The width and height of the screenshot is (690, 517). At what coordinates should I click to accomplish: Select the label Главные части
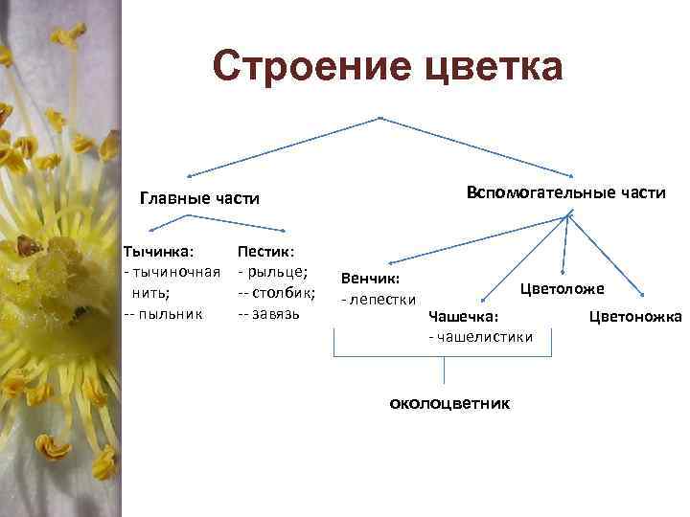click(x=200, y=198)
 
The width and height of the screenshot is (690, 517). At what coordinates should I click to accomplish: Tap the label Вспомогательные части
click(x=565, y=192)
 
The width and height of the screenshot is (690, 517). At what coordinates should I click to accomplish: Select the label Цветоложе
click(x=562, y=288)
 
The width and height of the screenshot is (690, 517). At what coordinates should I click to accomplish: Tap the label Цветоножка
click(x=634, y=316)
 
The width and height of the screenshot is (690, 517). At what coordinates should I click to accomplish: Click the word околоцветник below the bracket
click(x=449, y=403)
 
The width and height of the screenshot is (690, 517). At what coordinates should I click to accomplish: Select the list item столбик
click(x=283, y=293)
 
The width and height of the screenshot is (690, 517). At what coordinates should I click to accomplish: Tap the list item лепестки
click(x=383, y=299)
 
